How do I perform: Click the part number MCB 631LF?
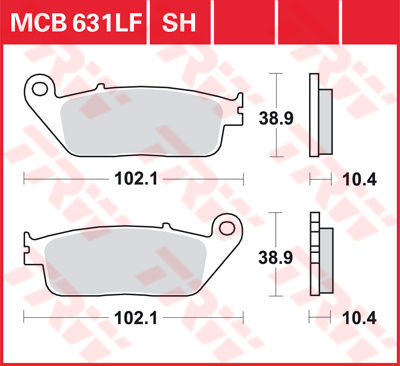(77, 22)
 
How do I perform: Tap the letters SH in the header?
(179, 22)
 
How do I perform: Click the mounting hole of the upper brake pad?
(40, 89)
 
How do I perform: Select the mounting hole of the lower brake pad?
(227, 228)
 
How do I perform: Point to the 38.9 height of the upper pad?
(276, 118)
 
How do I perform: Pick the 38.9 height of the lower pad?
(276, 258)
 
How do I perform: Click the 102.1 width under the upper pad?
(136, 179)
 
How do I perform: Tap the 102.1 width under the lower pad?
(136, 318)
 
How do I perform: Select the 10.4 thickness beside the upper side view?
(359, 180)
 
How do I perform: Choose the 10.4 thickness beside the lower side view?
(359, 318)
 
